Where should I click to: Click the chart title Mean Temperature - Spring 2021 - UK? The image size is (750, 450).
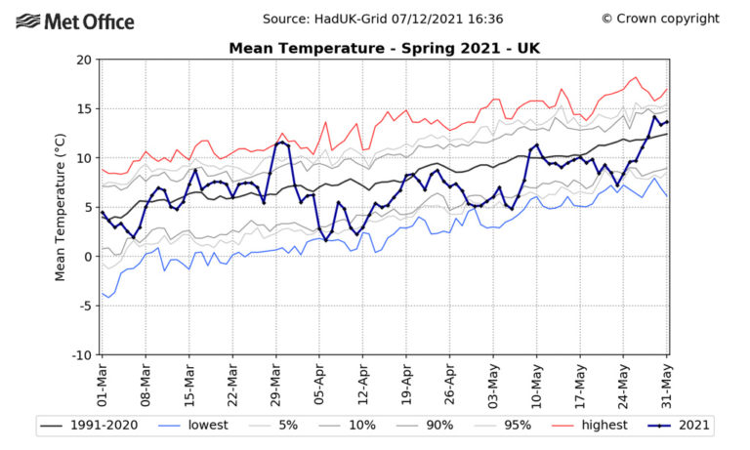383,47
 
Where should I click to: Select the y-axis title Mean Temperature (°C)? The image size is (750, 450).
61,207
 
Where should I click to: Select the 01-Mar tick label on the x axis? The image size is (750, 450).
103,384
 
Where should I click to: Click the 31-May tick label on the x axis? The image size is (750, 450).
668,384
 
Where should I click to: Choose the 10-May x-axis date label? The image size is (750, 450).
537,384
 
